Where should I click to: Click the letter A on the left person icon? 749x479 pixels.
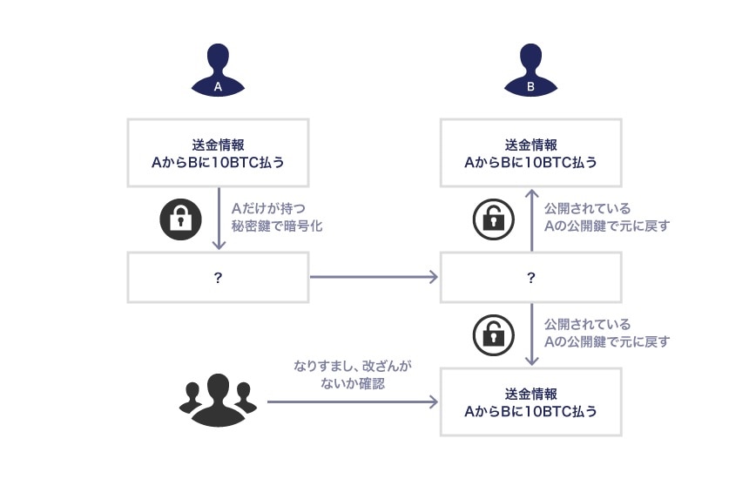[x=218, y=87]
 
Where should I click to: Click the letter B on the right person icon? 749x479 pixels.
[x=530, y=87]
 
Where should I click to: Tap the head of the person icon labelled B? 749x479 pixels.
[x=530, y=58]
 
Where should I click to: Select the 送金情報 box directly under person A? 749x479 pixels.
[x=218, y=153]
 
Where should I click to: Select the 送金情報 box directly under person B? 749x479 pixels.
[x=530, y=153]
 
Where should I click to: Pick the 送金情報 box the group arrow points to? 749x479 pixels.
[x=530, y=401]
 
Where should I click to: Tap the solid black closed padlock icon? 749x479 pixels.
[x=180, y=219]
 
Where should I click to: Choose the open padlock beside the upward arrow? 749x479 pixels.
[x=493, y=219]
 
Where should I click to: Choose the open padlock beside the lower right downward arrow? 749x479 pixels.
[x=493, y=334]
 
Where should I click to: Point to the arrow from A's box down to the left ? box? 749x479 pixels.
[x=218, y=219]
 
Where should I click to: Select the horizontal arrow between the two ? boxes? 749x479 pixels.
[x=373, y=277]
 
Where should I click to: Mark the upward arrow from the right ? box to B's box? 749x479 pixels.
[x=530, y=219]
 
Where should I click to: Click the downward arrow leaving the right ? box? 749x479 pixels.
[x=530, y=334]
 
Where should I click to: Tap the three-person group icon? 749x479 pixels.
[x=218, y=401]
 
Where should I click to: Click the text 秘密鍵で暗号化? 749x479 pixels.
[x=277, y=226]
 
